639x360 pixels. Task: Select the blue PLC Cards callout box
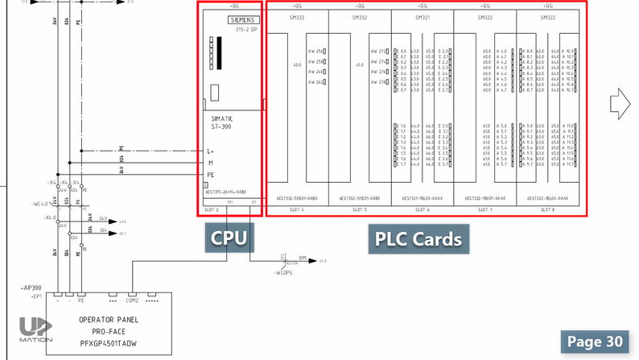tap(418, 239)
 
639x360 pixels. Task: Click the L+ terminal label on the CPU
tap(211, 151)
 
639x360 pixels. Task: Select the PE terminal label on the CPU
tap(211, 174)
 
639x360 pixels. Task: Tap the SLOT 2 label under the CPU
tap(212, 209)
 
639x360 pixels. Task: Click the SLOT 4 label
tap(296, 209)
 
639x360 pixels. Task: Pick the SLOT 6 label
tap(422, 209)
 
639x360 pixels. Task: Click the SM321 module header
tap(422, 16)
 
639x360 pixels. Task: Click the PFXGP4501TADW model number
tap(111, 342)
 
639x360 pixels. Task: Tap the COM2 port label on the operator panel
tap(133, 300)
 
